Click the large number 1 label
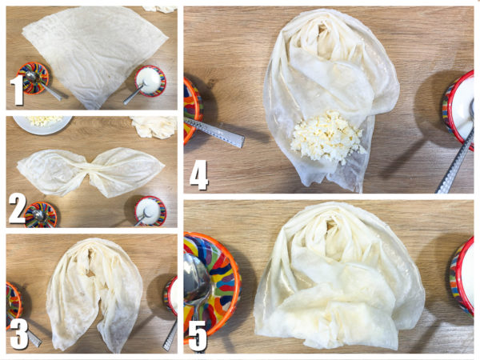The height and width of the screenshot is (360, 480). [17, 90]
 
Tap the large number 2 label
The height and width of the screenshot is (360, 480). [17, 209]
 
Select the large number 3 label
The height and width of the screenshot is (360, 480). [19, 334]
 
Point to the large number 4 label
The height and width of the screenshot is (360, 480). [199, 174]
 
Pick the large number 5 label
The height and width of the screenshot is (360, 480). [198, 336]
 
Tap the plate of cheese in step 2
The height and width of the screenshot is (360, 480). [42, 124]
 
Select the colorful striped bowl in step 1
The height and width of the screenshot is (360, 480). [33, 78]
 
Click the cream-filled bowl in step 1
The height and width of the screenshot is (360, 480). [150, 81]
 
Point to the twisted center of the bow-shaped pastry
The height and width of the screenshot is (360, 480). [90, 172]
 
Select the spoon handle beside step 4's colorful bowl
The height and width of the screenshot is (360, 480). [214, 132]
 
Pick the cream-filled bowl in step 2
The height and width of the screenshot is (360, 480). [150, 211]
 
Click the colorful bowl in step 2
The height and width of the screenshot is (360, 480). [41, 215]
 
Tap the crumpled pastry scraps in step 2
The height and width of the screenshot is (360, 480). [154, 126]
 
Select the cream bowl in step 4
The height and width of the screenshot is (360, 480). [458, 110]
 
